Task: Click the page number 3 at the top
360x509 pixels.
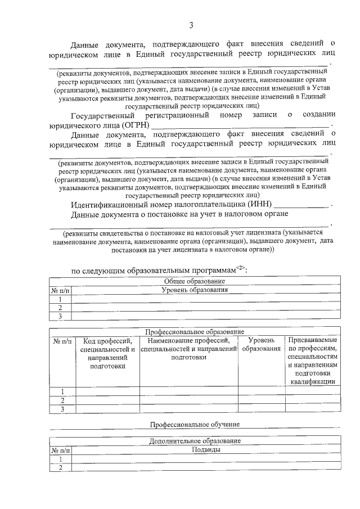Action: tap(191, 25)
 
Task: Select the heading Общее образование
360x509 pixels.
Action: tap(194, 281)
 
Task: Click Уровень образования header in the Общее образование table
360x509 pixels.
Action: tap(195, 290)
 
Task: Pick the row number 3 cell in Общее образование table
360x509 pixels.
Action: tap(59, 317)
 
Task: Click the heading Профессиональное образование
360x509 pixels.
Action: tap(195, 332)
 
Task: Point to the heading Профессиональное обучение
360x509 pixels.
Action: tap(195, 423)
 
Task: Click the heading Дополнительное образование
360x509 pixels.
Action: tap(195, 440)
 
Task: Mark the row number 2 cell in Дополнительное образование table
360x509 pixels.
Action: tap(59, 468)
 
